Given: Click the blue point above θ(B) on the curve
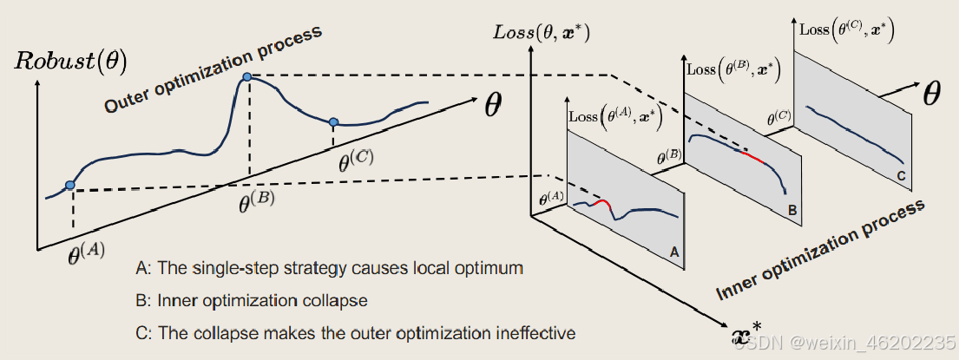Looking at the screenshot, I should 247,78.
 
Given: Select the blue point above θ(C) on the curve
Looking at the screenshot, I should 332,121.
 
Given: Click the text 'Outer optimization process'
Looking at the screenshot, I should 213,69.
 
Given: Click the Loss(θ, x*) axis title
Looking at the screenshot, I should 541,34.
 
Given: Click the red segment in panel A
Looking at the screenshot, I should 601,206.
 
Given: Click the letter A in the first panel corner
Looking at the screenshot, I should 673,250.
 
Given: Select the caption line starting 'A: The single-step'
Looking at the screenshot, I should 330,268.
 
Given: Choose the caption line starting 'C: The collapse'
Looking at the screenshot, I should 356,332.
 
